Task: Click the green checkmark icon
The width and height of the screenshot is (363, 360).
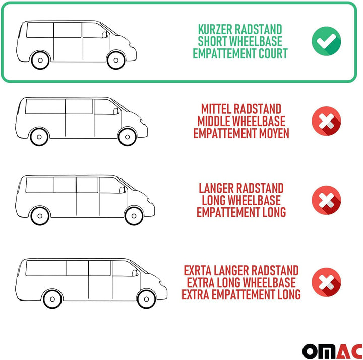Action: coord(326,41)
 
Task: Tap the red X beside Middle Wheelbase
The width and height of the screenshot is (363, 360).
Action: coord(326,121)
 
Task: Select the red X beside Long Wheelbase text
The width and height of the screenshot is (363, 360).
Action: coord(326,200)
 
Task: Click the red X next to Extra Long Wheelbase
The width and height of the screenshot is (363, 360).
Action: coord(326,282)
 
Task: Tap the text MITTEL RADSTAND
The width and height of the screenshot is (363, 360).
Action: coord(240,109)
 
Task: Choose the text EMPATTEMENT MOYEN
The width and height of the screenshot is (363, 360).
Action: coord(241,133)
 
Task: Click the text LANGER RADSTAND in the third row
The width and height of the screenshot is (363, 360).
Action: coord(241,188)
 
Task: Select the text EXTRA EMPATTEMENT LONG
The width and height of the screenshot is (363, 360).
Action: coord(241,294)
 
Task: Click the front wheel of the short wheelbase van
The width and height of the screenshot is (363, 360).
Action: coord(115,61)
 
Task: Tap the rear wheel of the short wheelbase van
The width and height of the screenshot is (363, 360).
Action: coord(40,61)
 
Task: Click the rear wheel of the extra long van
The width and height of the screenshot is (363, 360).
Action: coord(52,299)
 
